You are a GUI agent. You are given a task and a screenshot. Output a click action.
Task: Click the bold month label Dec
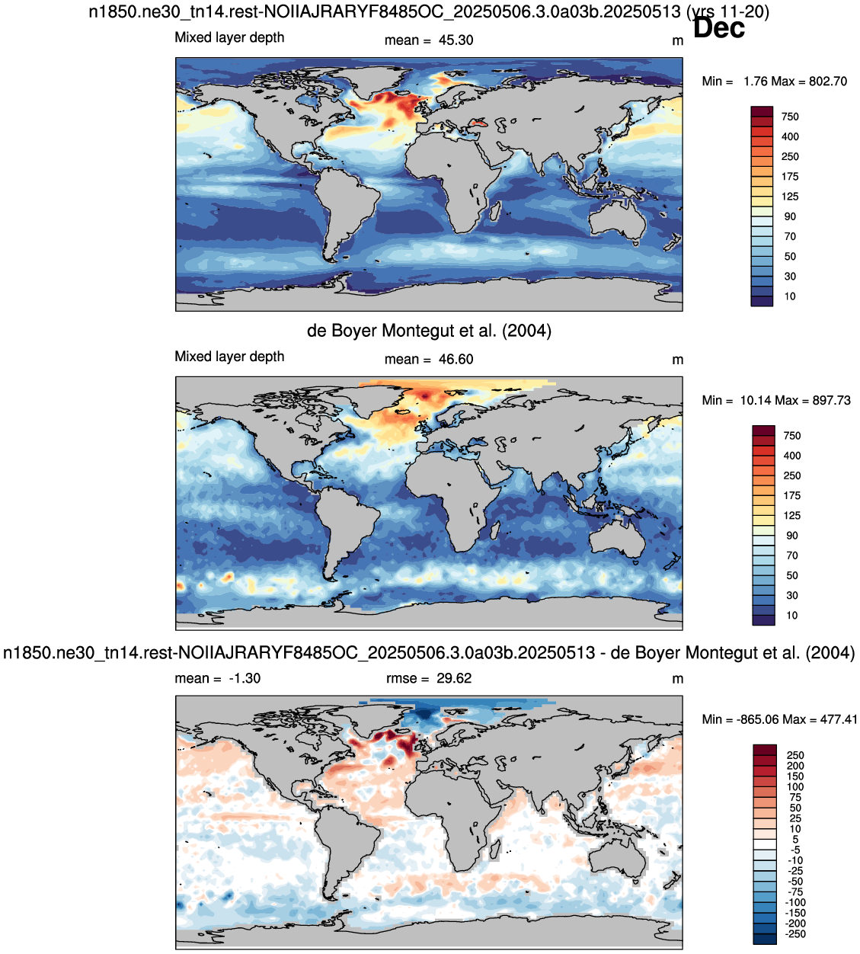tap(718, 28)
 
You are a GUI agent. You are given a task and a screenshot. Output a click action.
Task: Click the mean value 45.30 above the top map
tap(456, 40)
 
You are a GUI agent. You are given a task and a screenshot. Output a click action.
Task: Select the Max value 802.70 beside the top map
tap(828, 82)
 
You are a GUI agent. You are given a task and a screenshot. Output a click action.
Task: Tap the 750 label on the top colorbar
tap(790, 117)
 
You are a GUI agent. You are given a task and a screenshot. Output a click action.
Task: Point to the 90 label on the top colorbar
tap(790, 216)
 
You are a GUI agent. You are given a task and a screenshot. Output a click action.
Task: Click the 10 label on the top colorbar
tap(790, 296)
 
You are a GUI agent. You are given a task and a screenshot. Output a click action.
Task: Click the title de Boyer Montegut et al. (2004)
tap(429, 331)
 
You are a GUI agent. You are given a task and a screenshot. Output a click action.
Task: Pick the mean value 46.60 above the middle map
tap(456, 360)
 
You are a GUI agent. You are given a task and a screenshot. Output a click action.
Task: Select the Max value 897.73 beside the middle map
tap(832, 401)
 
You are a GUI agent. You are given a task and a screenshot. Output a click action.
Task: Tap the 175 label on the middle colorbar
tap(792, 495)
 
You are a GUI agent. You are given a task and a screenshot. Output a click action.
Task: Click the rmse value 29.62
tap(454, 679)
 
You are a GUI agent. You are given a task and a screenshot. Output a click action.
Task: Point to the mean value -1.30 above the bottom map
tap(245, 679)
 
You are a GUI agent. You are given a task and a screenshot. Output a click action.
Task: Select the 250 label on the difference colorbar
tap(795, 755)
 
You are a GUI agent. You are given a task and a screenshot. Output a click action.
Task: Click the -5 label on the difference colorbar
tap(795, 850)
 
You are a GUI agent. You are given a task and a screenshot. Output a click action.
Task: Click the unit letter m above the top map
tap(677, 41)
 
